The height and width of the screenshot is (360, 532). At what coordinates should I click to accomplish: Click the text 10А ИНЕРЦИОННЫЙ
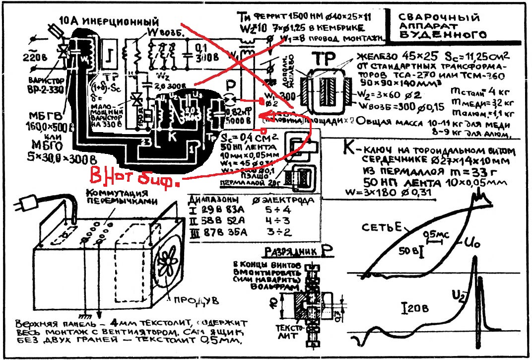point(109,22)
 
